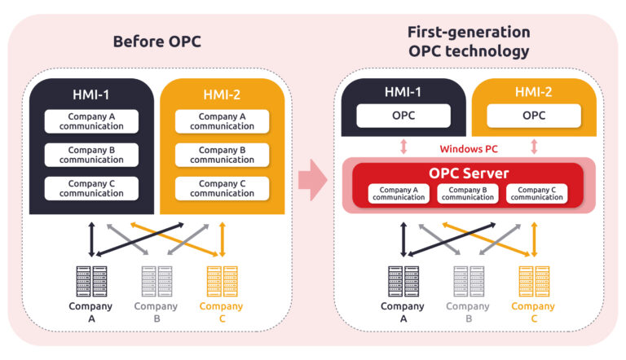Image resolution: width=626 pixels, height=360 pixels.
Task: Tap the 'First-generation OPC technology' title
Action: click(x=469, y=42)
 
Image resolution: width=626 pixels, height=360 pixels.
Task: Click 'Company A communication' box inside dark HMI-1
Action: click(x=91, y=121)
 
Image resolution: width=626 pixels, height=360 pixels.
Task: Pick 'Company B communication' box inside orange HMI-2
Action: click(x=222, y=155)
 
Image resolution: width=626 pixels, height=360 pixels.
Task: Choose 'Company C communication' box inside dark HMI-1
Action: click(x=91, y=188)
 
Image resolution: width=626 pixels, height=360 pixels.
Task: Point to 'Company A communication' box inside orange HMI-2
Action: click(x=222, y=121)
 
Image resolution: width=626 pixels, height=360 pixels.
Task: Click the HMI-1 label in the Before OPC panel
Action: click(x=91, y=95)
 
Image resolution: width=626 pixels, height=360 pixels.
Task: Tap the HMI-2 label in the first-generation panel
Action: click(x=534, y=93)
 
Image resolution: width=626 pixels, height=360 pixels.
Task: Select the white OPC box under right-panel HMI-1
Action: click(x=403, y=116)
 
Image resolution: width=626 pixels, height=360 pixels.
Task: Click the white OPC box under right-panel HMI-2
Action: click(x=534, y=116)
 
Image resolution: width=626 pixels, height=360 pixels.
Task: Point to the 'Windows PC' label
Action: click(x=468, y=148)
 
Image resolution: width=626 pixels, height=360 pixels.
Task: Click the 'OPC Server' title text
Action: click(x=469, y=173)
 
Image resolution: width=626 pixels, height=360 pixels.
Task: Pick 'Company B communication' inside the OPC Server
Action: click(x=468, y=194)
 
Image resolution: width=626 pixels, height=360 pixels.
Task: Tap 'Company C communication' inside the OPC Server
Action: click(x=536, y=194)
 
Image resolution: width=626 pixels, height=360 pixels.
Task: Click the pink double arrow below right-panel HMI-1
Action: click(x=403, y=147)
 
